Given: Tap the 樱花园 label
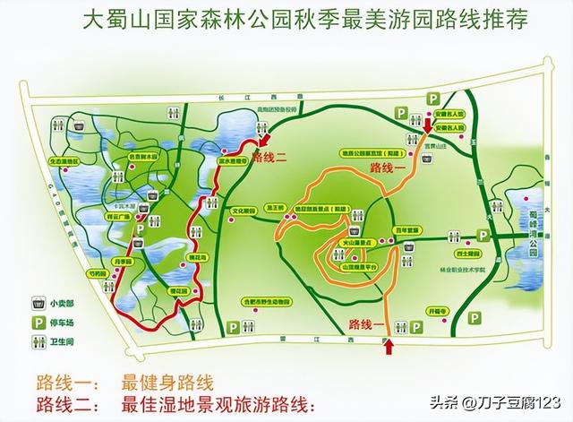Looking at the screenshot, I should [x=179, y=292].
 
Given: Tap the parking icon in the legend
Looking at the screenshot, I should [x=40, y=322].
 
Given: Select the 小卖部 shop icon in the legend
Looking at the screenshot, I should [x=40, y=302].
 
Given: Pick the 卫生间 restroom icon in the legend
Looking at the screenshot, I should [x=40, y=341].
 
